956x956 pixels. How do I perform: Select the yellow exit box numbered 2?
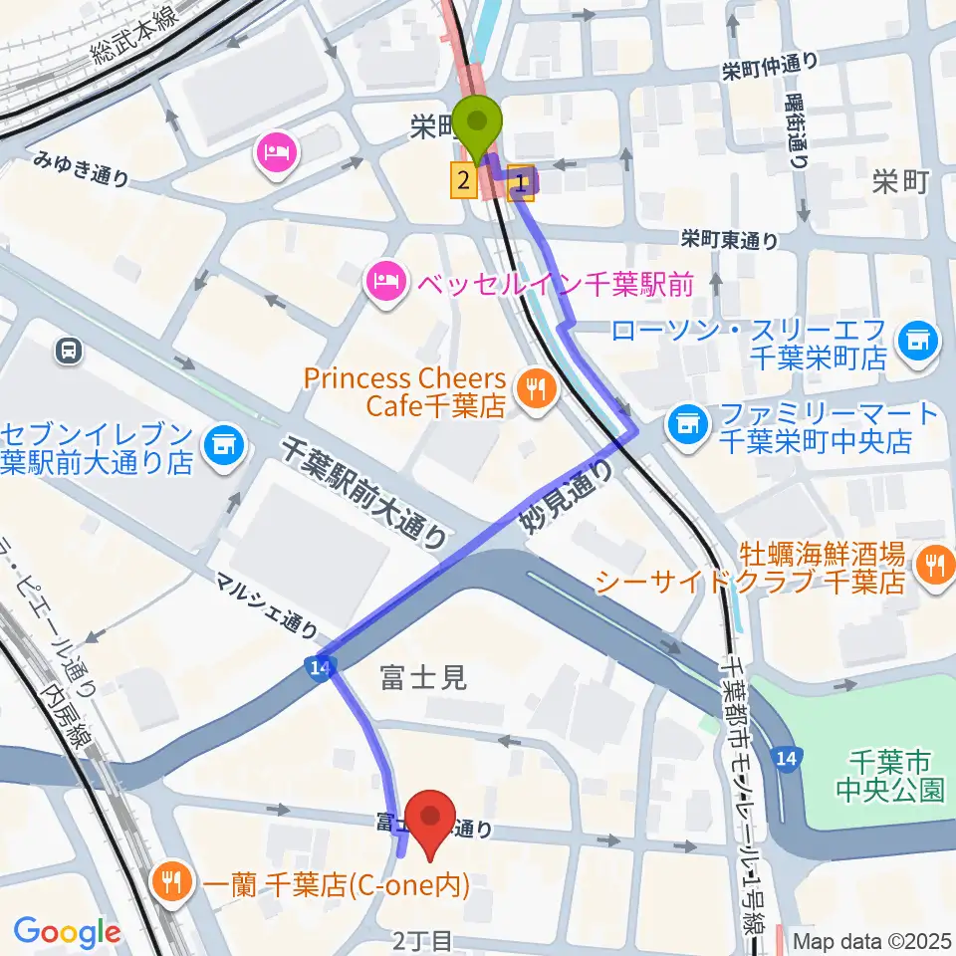click(463, 180)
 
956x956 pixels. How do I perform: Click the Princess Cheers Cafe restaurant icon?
click(538, 390)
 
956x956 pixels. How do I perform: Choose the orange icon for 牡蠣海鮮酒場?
click(934, 564)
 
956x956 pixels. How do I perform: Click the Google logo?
click(67, 931)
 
